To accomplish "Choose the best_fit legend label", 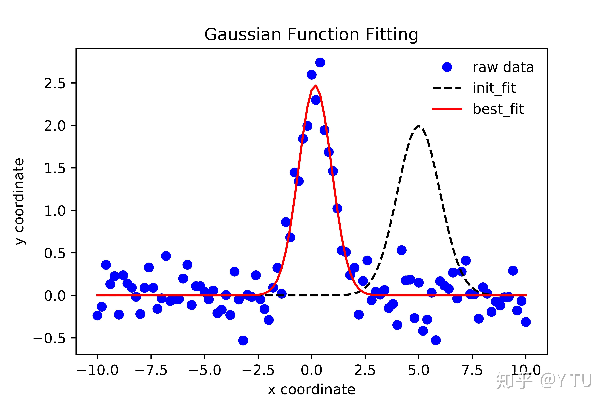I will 498,109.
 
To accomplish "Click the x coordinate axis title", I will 311,390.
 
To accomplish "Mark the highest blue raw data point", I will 320,62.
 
